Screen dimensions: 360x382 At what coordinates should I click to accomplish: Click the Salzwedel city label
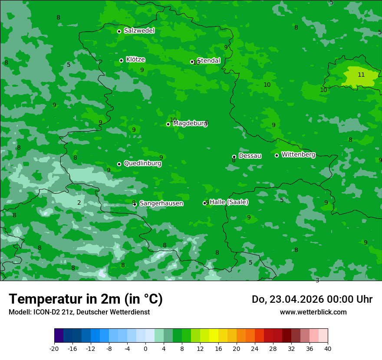click(139, 31)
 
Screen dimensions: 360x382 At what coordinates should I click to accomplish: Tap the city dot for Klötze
click(121, 60)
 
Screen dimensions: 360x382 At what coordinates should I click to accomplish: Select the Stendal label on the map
click(209, 61)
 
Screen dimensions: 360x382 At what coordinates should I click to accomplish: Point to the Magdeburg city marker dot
click(168, 124)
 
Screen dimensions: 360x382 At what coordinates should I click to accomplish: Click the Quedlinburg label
click(142, 164)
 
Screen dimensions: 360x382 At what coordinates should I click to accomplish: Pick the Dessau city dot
click(234, 157)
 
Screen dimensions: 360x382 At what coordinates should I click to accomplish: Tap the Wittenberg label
click(298, 154)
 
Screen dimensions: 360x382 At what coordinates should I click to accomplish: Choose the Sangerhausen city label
click(161, 203)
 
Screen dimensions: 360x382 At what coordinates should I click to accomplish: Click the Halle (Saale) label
click(229, 202)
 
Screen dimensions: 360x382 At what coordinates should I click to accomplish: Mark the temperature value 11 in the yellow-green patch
click(361, 75)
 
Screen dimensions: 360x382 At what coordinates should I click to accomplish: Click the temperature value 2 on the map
click(79, 203)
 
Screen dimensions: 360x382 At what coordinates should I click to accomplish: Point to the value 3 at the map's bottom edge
click(317, 280)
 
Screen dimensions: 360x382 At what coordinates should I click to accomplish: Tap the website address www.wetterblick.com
click(313, 312)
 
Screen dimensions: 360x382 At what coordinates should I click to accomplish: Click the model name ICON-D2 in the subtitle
click(46, 312)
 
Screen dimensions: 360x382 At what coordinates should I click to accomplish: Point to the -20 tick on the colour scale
click(54, 348)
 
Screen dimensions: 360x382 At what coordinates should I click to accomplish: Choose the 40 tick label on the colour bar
click(328, 348)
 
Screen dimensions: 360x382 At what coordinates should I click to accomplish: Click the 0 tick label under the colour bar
click(145, 348)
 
